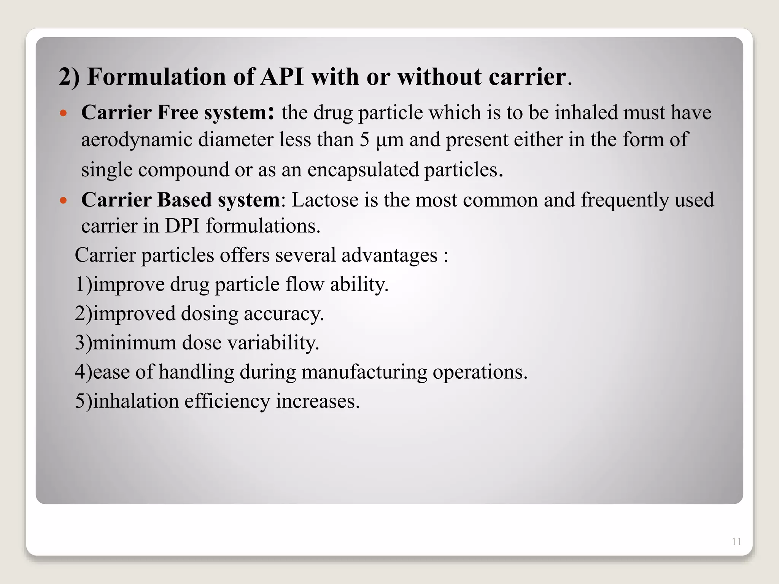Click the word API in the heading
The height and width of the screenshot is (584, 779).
(x=282, y=77)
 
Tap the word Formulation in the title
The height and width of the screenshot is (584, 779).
(x=157, y=77)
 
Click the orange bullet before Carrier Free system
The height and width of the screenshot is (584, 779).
(x=64, y=113)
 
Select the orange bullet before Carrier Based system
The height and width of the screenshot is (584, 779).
(x=64, y=200)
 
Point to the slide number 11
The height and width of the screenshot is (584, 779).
(x=736, y=542)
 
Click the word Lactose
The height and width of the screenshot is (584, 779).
(x=325, y=200)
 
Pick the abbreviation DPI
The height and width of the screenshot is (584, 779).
(x=182, y=226)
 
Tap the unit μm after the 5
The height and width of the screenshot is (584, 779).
(x=389, y=140)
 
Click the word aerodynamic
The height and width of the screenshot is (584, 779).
(x=137, y=140)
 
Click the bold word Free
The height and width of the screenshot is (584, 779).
(x=178, y=113)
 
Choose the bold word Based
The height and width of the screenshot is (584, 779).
(x=184, y=200)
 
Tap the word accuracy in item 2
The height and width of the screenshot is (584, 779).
(x=283, y=314)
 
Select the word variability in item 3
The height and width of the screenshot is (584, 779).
(x=273, y=343)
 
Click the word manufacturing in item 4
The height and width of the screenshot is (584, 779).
(x=364, y=372)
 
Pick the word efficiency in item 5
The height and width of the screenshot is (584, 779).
(x=227, y=401)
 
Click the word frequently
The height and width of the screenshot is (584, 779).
(x=625, y=200)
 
